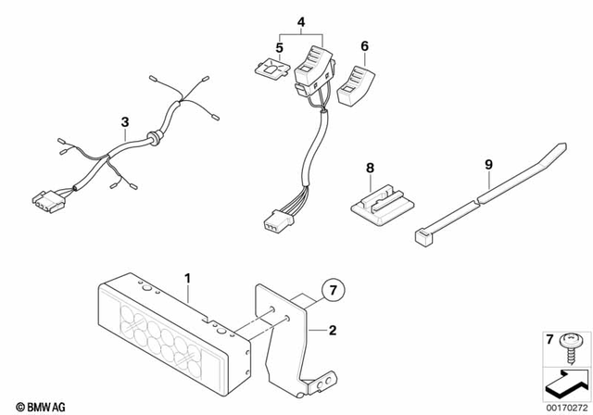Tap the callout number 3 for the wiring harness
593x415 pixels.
coord(124,121)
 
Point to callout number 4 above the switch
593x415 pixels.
coord(299,20)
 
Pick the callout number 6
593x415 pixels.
coord(364,44)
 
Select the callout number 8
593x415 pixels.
coord(369,168)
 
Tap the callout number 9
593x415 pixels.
coord(487,168)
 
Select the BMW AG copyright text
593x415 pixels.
coord(28,405)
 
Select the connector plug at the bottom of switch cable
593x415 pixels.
coord(275,225)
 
